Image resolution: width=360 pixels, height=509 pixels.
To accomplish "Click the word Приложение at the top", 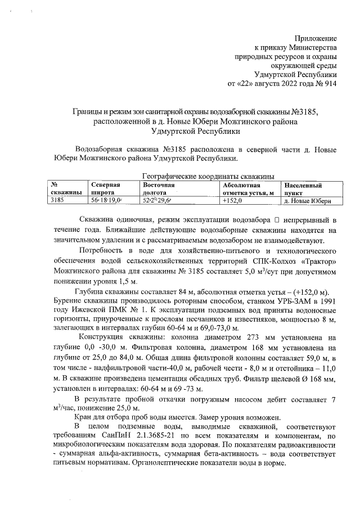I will tap(316, 38).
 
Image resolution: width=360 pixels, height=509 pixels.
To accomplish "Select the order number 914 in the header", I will tap(330, 83).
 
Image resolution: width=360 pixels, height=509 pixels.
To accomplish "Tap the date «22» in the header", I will tap(247, 83).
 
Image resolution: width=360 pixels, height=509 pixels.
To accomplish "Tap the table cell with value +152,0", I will tap(232, 200).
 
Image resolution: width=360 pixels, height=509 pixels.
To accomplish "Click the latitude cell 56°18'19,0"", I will tap(107, 200).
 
